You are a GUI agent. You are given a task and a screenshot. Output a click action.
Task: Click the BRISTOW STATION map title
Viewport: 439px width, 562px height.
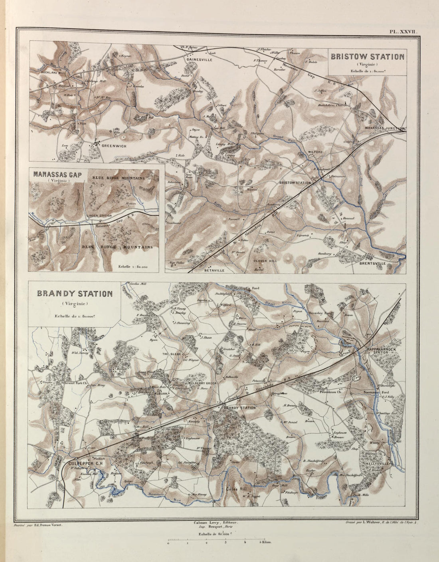pos(367,56)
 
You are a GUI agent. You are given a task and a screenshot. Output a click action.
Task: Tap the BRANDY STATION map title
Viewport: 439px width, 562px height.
pos(74,294)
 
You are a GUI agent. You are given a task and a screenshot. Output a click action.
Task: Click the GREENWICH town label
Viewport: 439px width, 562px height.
pos(114,146)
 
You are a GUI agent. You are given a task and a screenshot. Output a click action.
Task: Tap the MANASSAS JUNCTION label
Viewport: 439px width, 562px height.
pos(385,128)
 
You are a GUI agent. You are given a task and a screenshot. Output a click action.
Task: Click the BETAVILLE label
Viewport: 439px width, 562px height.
pos(215,270)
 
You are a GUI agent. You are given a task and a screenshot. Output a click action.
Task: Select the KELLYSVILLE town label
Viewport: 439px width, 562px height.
pos(378,463)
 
